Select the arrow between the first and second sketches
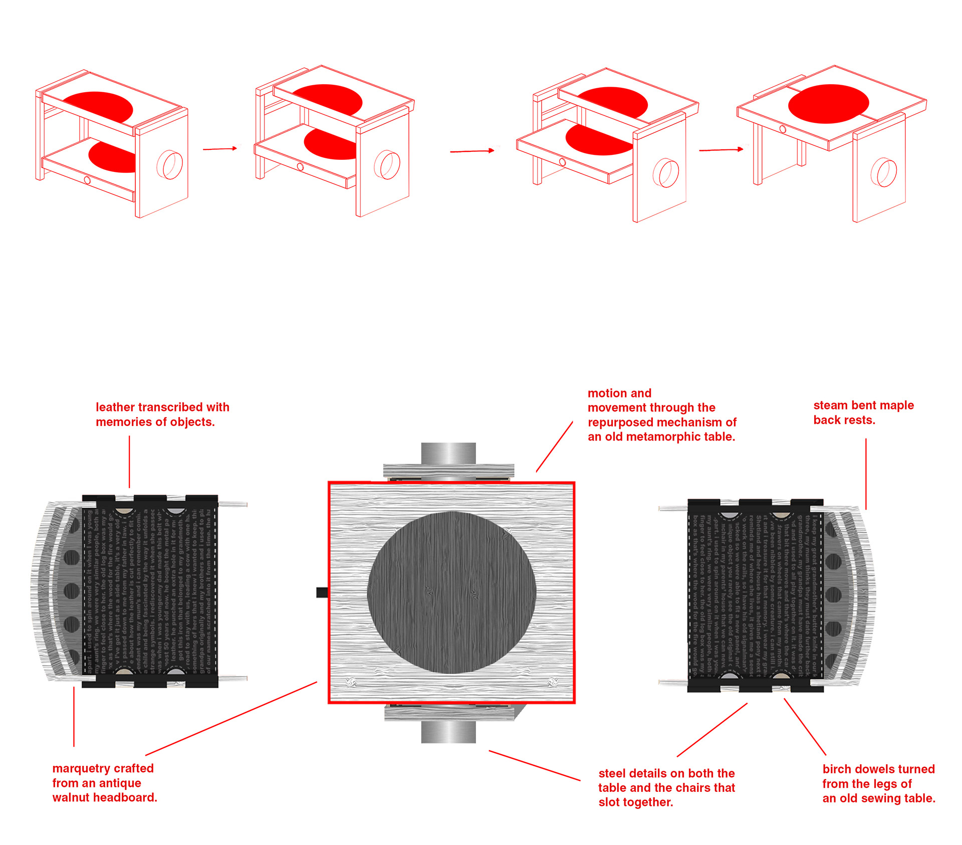[219, 149]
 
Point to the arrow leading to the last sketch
[720, 150]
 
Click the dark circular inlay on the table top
[451, 592]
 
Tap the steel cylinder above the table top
[448, 453]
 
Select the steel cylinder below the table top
[448, 732]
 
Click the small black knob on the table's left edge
[322, 592]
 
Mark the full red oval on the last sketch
[828, 104]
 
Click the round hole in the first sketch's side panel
[170, 165]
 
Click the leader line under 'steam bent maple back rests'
[866, 474]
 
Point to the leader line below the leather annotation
[129, 461]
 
